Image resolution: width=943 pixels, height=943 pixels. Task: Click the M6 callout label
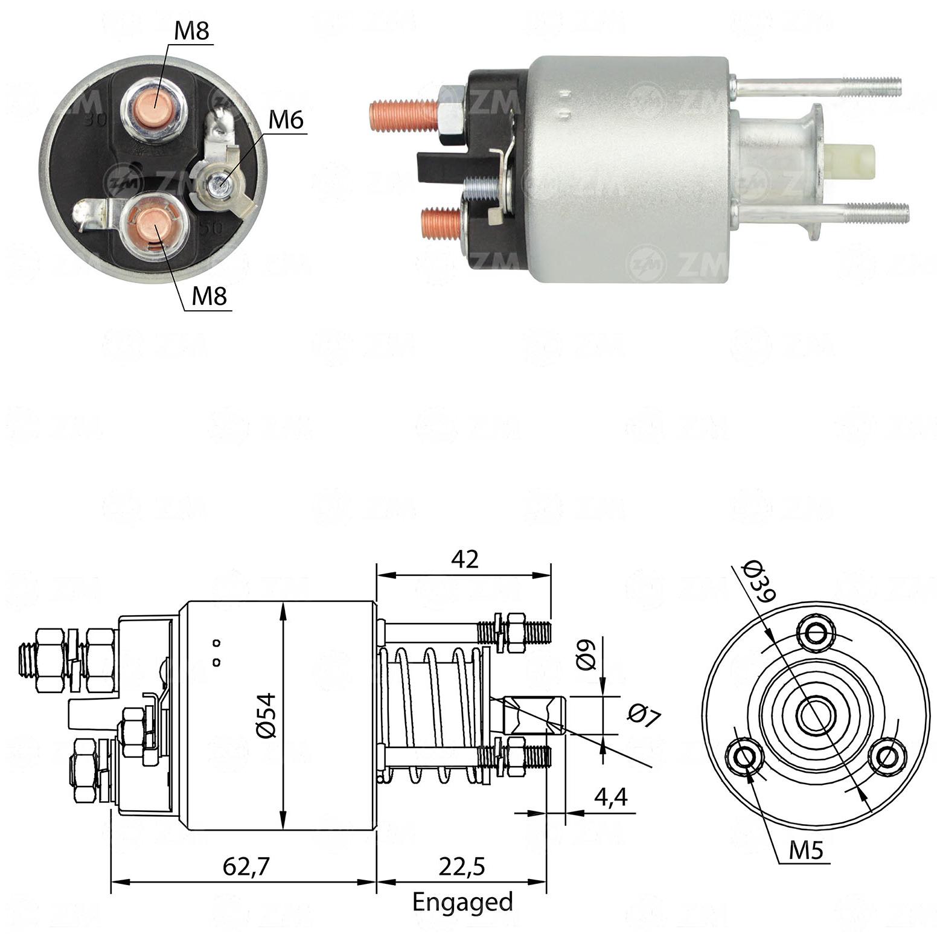(286, 120)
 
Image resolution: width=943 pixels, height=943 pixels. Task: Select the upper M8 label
(191, 31)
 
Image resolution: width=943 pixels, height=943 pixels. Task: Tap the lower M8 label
(209, 296)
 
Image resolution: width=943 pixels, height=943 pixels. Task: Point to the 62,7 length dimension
(246, 867)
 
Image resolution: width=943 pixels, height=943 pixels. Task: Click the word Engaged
(462, 903)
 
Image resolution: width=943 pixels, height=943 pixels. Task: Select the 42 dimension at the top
(464, 559)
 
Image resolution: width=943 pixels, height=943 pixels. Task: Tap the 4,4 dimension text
(610, 798)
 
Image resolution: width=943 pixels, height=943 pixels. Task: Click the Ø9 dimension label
(586, 654)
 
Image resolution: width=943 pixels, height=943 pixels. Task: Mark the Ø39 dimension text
(758, 581)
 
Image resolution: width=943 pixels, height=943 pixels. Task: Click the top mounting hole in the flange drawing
(817, 633)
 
